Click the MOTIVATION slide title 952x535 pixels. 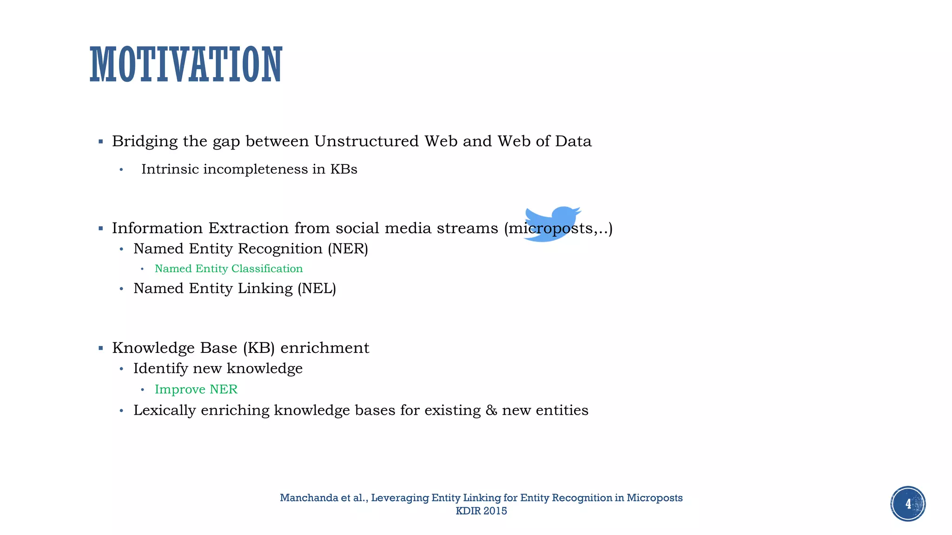tap(186, 65)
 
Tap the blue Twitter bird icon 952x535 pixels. tap(552, 224)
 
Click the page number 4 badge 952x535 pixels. tap(908, 504)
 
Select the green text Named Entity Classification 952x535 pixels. tap(228, 269)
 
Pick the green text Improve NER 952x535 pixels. tap(196, 389)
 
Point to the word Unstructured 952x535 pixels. tap(366, 141)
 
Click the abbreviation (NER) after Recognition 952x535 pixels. tap(348, 248)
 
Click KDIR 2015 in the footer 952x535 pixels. tap(481, 511)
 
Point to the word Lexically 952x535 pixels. tap(164, 411)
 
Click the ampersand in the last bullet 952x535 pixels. tap(491, 410)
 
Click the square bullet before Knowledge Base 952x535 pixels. tap(101, 348)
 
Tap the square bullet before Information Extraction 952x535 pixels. tap(101, 228)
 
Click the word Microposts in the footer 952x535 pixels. tap(654, 498)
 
